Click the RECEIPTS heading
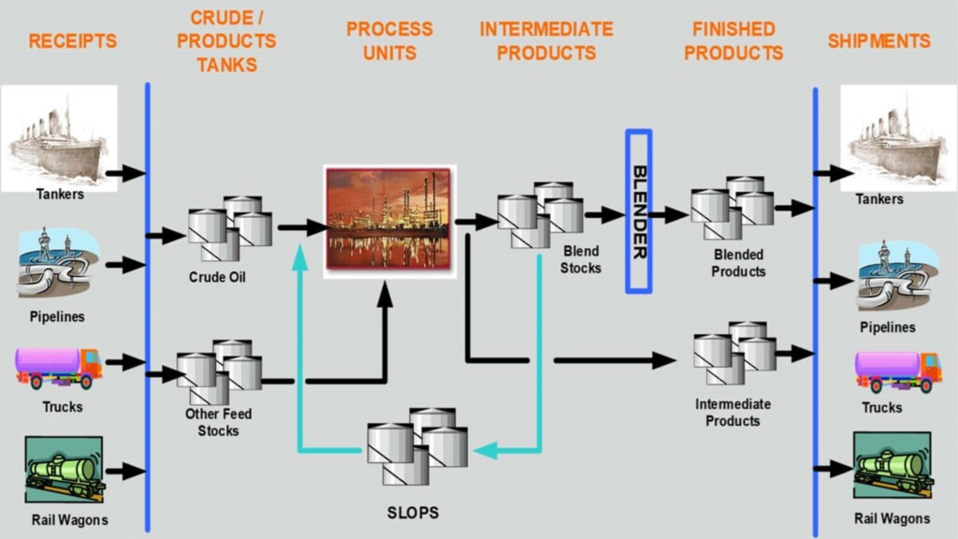click(72, 41)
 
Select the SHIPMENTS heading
click(878, 41)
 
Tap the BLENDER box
click(639, 211)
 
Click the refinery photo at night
click(389, 221)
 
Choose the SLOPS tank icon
click(416, 445)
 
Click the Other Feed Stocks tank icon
click(219, 371)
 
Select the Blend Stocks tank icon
click(540, 214)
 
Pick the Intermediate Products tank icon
click(734, 353)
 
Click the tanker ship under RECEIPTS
click(59, 137)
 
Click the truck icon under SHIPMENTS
click(897, 371)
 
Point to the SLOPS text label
click(413, 513)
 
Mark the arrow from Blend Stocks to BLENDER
click(604, 215)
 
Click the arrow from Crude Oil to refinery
click(301, 227)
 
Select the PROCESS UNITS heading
click(389, 41)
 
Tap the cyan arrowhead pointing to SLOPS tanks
click(485, 450)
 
